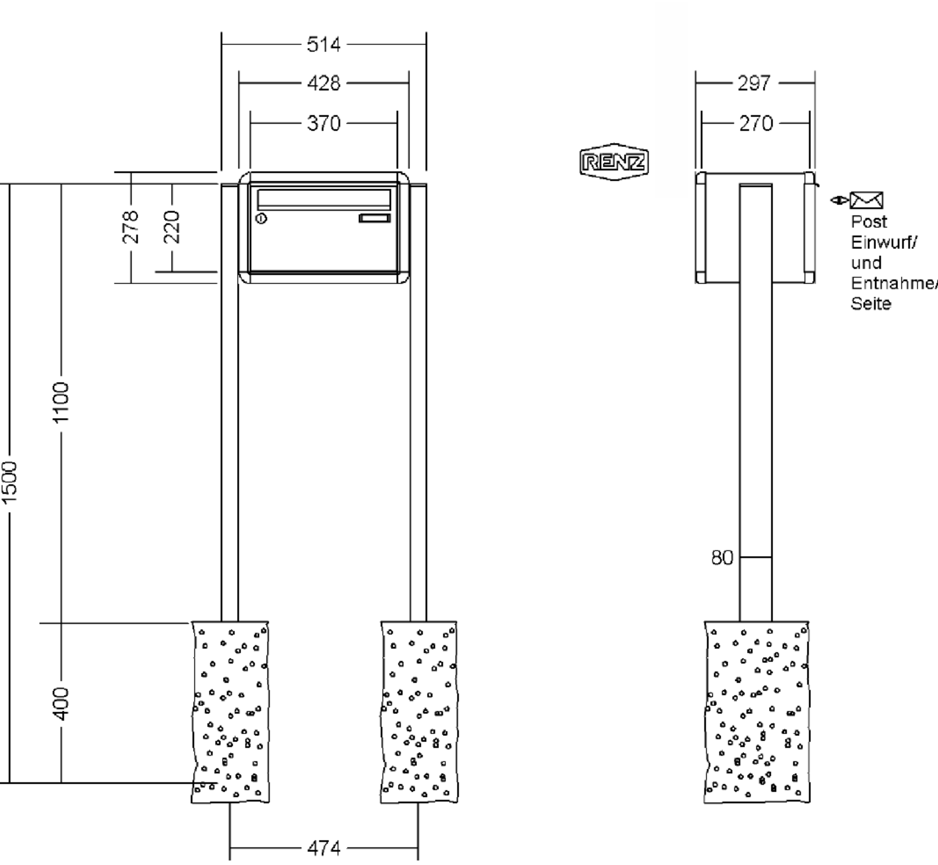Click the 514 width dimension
tap(323, 45)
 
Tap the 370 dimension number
tap(323, 124)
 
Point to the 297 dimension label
tap(754, 83)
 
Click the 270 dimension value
tap(756, 124)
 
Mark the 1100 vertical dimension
tap(61, 403)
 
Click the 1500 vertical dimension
tap(9, 482)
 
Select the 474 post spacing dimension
tap(323, 847)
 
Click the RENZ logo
tap(614, 162)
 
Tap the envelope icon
tap(867, 200)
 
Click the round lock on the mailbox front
tap(262, 218)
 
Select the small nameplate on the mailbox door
tap(375, 218)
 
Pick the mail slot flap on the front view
tap(323, 200)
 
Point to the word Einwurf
tap(884, 243)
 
